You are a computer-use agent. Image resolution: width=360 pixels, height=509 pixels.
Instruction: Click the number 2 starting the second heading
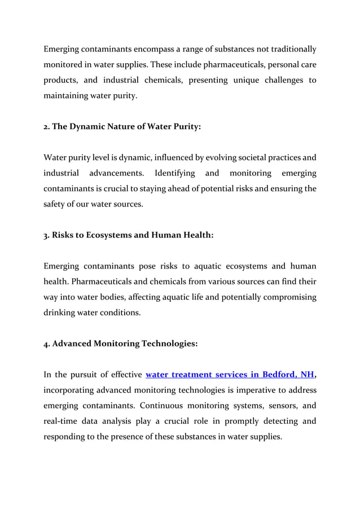[x=46, y=127]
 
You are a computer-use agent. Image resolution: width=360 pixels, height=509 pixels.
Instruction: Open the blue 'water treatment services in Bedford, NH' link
[x=229, y=374]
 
